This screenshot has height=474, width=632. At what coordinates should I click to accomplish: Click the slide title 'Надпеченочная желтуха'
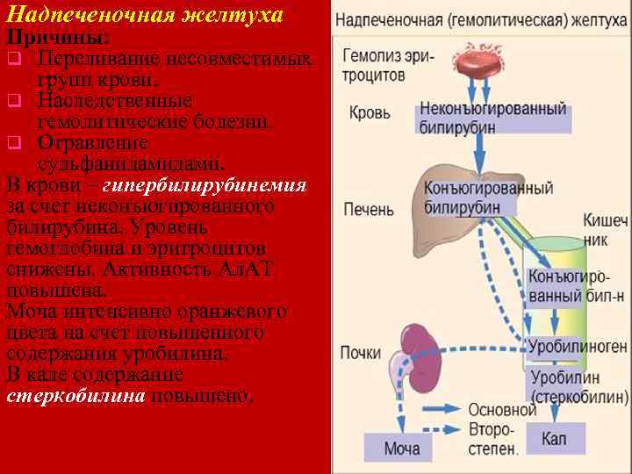145,15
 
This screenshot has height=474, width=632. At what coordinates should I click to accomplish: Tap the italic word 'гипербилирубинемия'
205,185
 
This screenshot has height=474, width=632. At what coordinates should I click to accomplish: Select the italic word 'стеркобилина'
75,396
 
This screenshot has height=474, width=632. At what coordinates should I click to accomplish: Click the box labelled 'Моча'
401,449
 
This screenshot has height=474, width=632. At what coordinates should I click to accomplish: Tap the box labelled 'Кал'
552,437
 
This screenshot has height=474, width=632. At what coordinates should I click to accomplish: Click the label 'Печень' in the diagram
370,211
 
